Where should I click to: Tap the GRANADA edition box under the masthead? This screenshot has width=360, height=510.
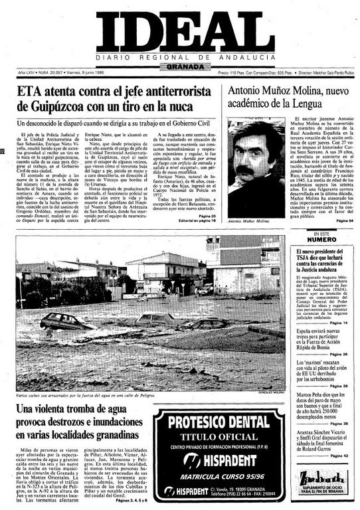180,66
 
